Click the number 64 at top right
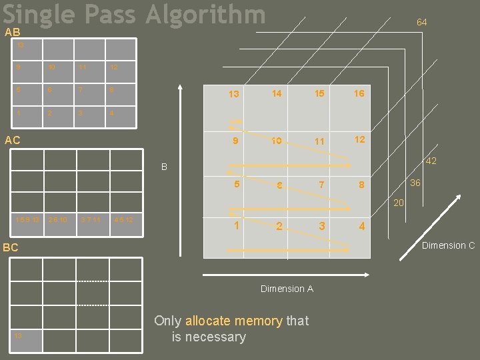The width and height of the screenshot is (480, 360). point(421,23)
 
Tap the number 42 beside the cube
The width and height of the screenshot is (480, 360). point(431,161)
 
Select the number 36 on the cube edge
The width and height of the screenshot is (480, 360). point(415,182)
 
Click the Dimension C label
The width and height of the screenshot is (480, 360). point(449,245)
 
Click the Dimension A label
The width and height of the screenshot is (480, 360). point(287,289)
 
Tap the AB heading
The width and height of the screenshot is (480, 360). point(12,32)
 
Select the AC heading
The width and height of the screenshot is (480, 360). point(12,140)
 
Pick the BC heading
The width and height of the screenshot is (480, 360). point(11,247)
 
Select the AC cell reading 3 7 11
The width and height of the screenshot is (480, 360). point(91,220)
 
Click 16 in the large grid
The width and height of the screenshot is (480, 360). point(359,93)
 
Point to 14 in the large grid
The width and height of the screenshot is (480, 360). point(277,93)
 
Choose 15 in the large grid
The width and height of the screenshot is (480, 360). point(319,93)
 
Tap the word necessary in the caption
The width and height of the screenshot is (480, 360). point(209,337)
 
